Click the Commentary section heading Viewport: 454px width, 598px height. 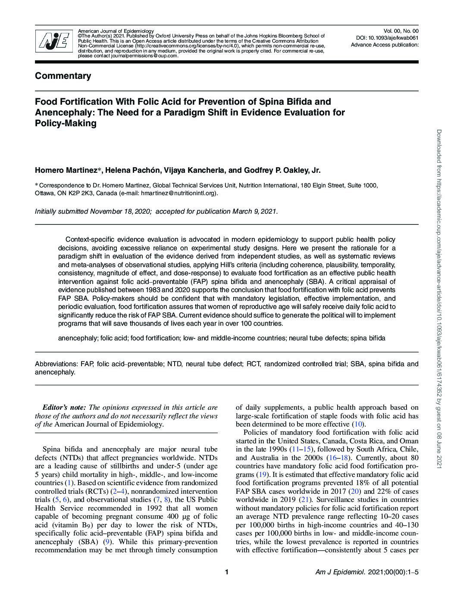63,76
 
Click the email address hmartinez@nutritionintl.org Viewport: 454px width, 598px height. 178,193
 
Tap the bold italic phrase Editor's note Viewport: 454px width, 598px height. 64,407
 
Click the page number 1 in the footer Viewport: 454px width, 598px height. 226,572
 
